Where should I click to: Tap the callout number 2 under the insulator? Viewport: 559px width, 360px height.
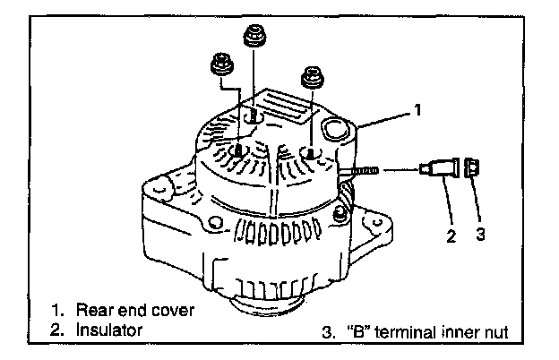[x=451, y=237]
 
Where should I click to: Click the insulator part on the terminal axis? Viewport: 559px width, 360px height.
[x=442, y=168]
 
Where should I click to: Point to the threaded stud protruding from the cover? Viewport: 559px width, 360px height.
[x=362, y=169]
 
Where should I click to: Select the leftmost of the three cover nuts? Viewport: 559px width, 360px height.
[x=220, y=64]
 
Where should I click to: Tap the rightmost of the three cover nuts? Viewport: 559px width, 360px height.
[x=311, y=76]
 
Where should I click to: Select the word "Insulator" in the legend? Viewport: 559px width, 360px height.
[x=109, y=330]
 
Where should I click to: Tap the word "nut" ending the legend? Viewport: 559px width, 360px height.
[x=493, y=333]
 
